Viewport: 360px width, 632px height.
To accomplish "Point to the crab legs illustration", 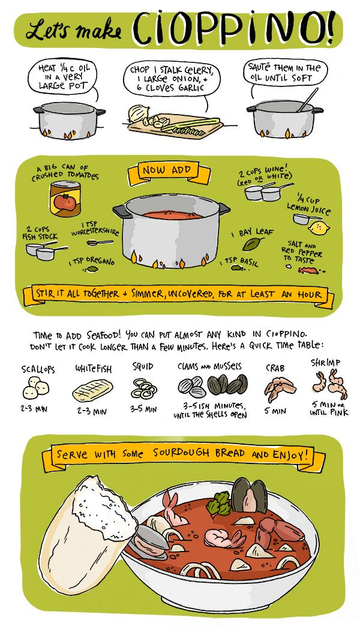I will [280, 389].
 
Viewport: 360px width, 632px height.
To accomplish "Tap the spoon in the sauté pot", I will [307, 100].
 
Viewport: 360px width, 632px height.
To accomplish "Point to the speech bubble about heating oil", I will [62, 77].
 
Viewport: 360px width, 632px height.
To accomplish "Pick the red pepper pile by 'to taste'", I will [307, 271].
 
